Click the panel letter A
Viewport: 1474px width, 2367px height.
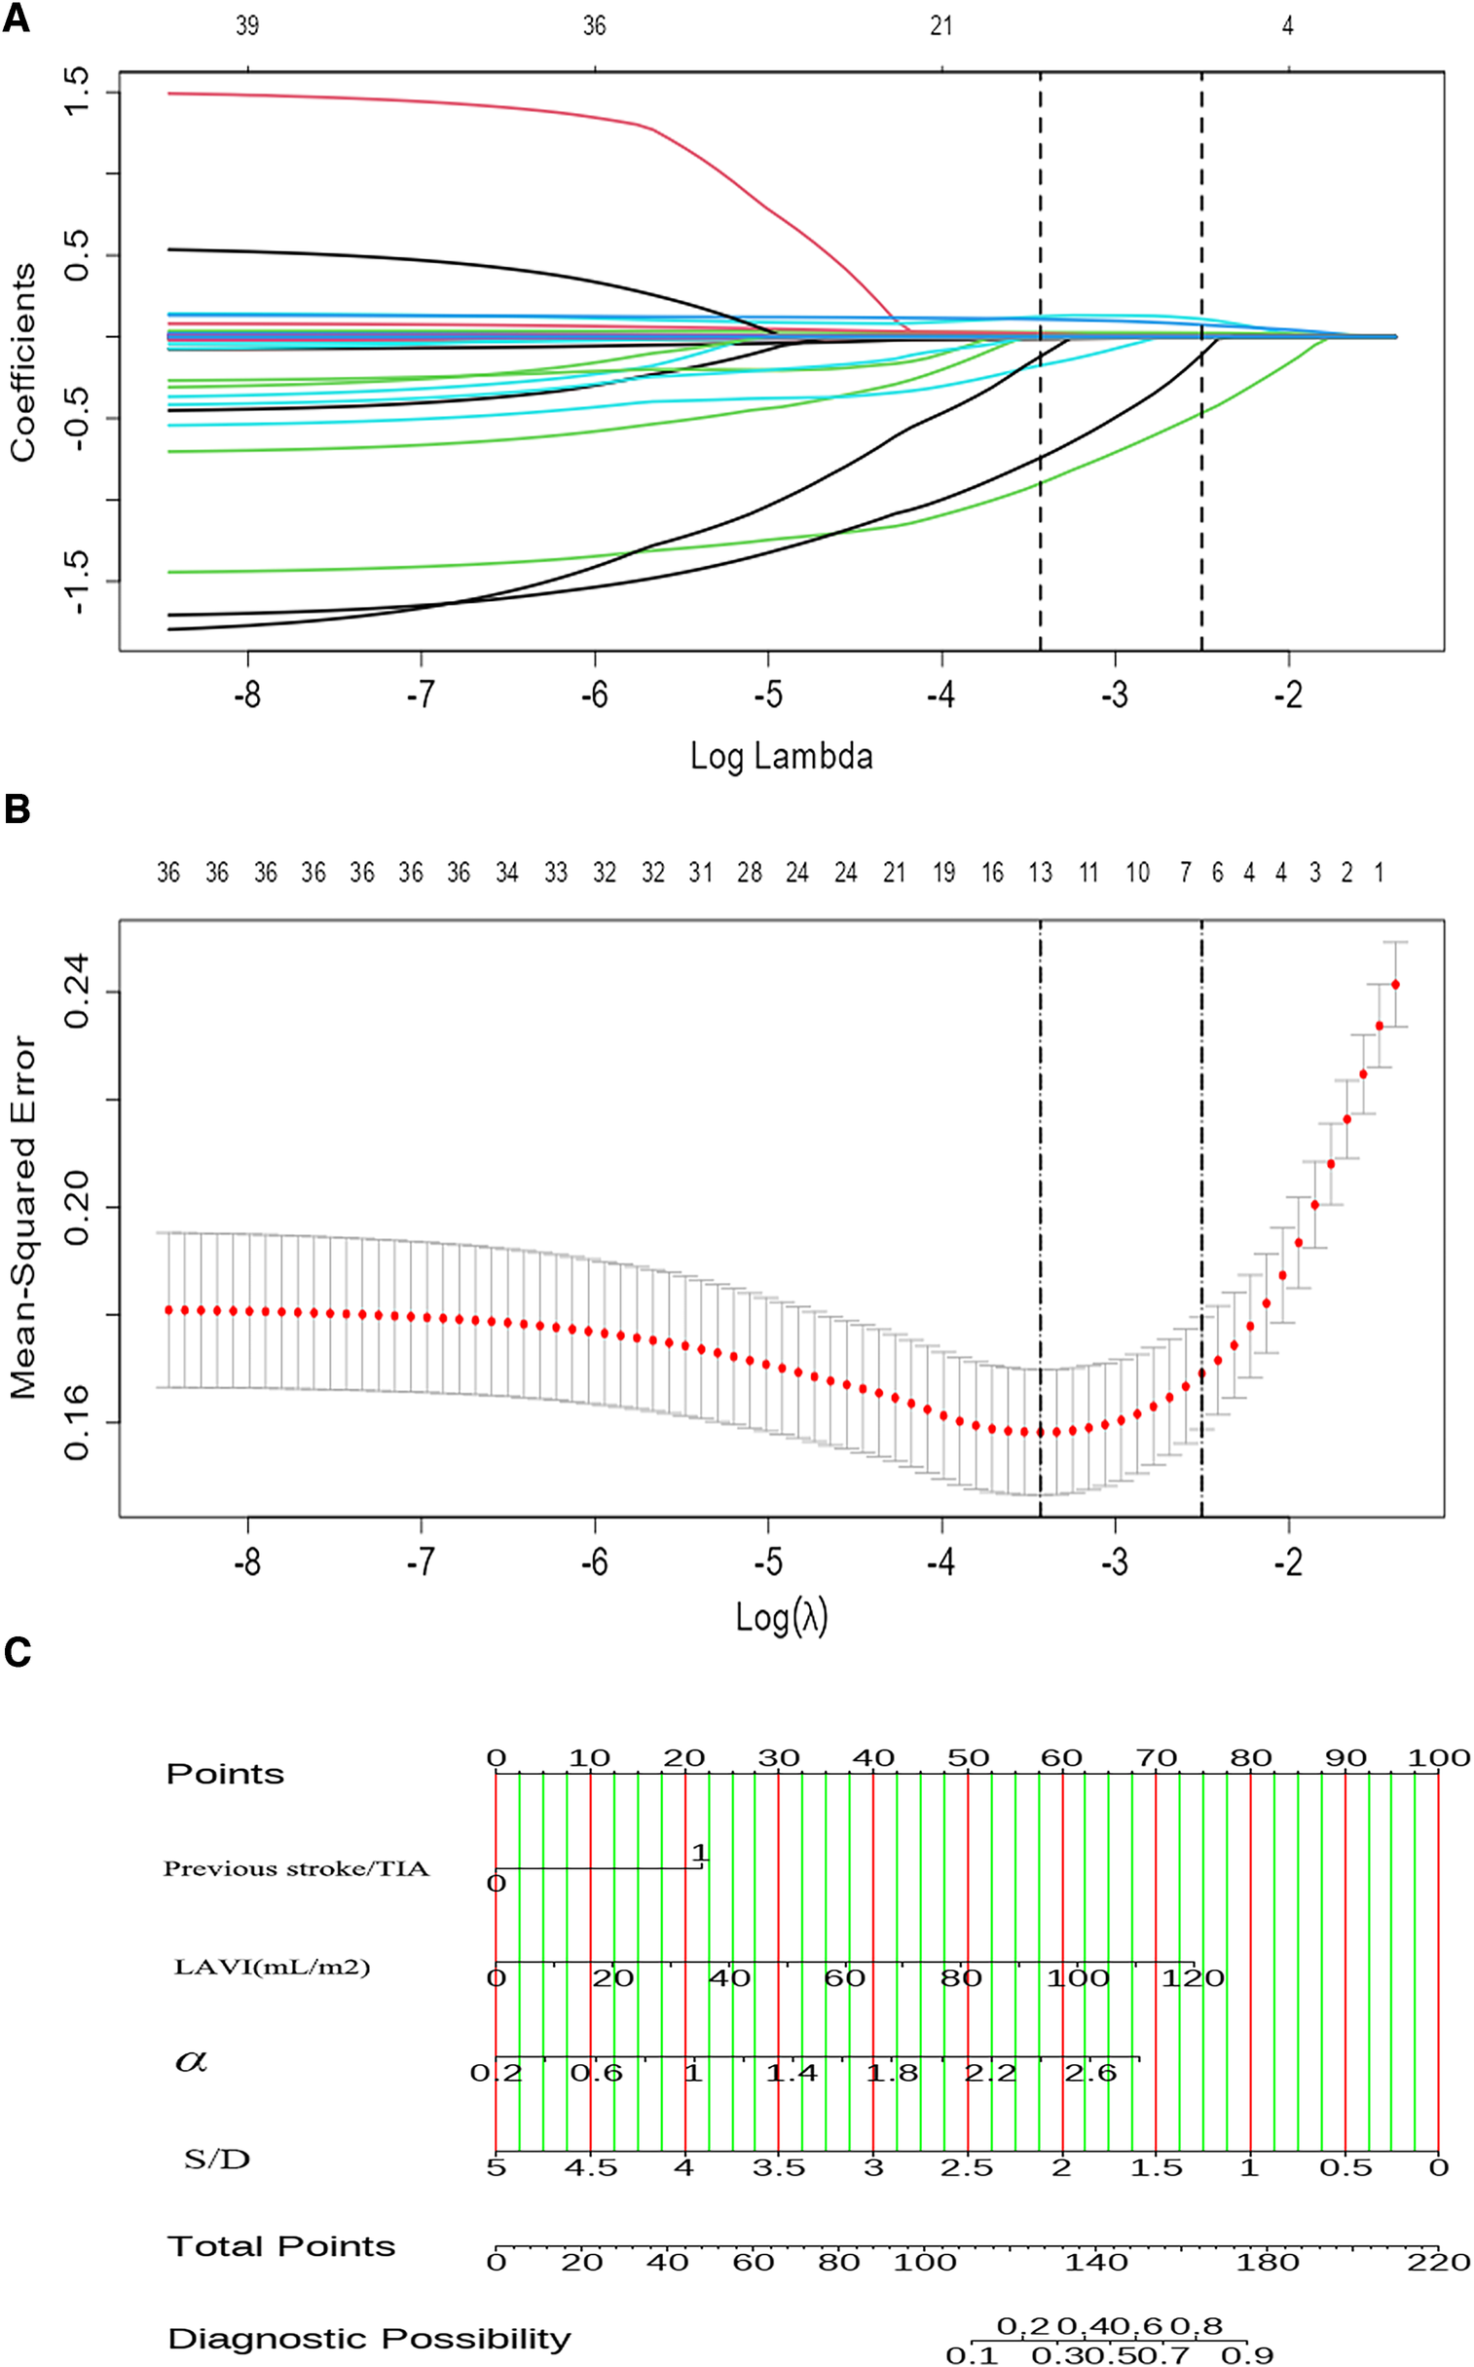[x=16, y=18]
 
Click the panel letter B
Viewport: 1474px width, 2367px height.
[x=17, y=809]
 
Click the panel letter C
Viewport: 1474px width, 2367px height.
[x=18, y=1651]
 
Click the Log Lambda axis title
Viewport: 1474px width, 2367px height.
[x=781, y=756]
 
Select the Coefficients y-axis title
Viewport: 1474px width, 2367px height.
[x=23, y=361]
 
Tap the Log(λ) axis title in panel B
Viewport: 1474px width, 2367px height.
[x=781, y=1617]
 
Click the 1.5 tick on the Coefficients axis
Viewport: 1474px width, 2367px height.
[x=76, y=92]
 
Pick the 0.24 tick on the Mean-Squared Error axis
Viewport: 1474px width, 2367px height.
[x=76, y=992]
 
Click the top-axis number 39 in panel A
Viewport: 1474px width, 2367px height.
[x=247, y=26]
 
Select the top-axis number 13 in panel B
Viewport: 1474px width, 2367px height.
[x=1040, y=873]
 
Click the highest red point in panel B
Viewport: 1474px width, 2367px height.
[x=1395, y=985]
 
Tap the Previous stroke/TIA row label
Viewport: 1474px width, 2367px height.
[x=295, y=1868]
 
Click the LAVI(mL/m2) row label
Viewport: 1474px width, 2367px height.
[x=272, y=1967]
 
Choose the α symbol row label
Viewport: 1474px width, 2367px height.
[x=191, y=2061]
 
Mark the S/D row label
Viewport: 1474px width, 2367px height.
[x=217, y=2160]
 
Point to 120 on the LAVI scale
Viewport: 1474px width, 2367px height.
[x=1193, y=1979]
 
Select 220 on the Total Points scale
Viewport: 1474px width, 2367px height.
[x=1438, y=2262]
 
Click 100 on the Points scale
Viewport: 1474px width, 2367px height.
[x=1438, y=1758]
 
